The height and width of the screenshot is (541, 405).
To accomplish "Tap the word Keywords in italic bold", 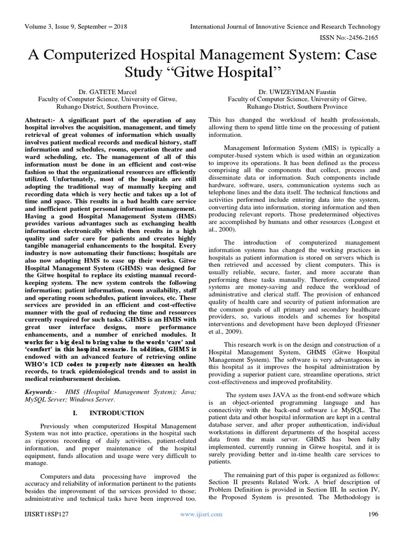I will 41,392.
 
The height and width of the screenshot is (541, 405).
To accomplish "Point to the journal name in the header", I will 293,26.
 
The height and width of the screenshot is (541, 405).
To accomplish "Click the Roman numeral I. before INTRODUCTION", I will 91,413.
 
